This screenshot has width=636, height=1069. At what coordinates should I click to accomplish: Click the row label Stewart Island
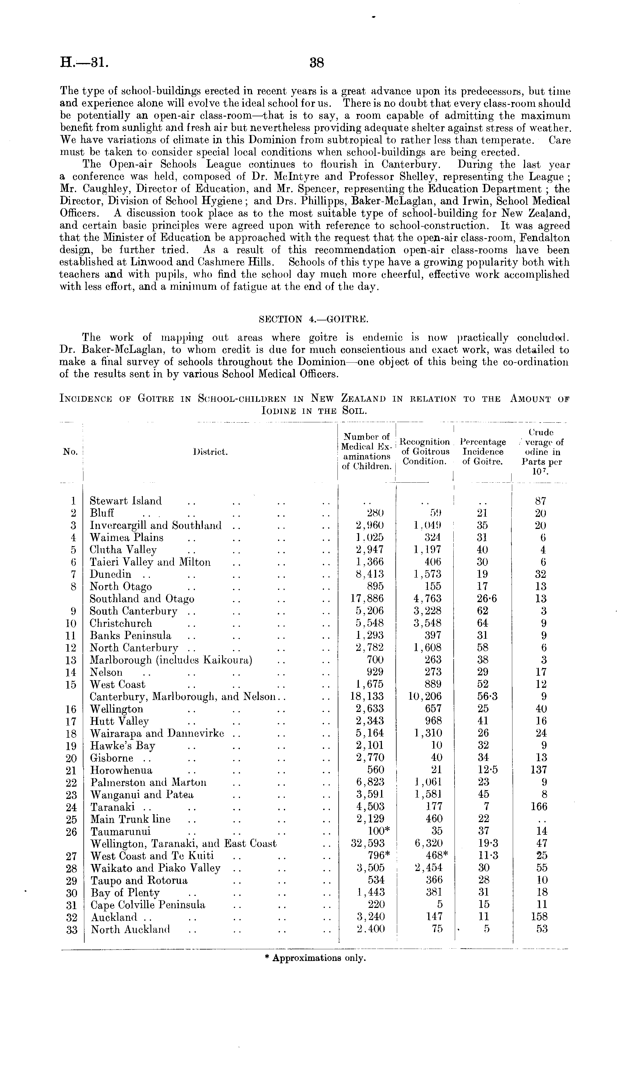126,501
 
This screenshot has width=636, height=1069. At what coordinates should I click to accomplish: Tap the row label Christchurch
121,623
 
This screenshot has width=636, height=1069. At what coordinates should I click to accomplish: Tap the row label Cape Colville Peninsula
148,905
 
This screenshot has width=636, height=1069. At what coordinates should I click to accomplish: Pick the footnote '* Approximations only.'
315,958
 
